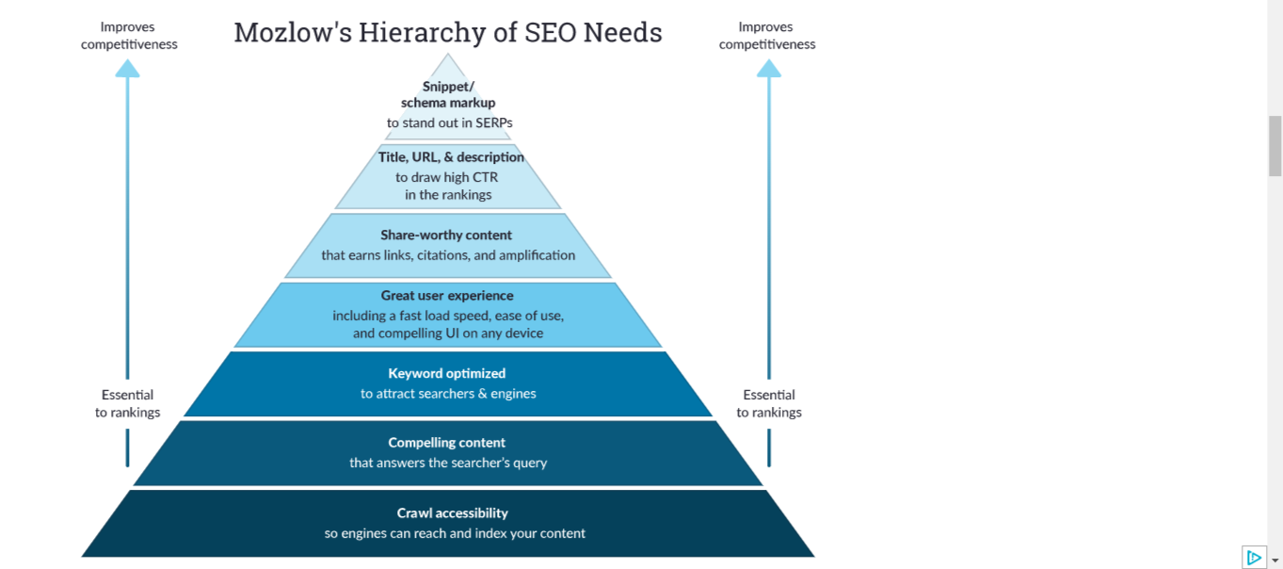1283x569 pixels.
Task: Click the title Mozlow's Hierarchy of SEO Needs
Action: [x=448, y=33]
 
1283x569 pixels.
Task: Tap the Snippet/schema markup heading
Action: [x=448, y=94]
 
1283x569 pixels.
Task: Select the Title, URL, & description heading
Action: [x=451, y=157]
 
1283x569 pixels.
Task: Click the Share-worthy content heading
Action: [x=446, y=235]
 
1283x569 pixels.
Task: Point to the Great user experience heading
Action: [x=447, y=296]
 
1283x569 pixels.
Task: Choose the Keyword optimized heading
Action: [x=447, y=373]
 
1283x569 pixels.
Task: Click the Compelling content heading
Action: [x=447, y=443]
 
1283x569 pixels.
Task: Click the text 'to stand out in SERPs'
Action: [x=450, y=122]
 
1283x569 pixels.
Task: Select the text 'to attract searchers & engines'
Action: [x=448, y=394]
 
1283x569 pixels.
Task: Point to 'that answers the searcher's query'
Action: [x=448, y=463]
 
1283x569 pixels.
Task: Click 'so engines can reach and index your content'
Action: [x=455, y=533]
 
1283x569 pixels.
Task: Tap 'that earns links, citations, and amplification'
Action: [x=448, y=255]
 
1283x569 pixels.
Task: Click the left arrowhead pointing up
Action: [x=127, y=68]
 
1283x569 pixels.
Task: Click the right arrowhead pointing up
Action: [x=769, y=68]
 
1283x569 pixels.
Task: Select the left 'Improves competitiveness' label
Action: [x=129, y=36]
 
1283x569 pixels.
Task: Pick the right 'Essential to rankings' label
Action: [x=769, y=403]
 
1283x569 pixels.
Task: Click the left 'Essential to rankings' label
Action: [x=128, y=403]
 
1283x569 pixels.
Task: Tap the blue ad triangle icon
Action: [x=1254, y=558]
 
